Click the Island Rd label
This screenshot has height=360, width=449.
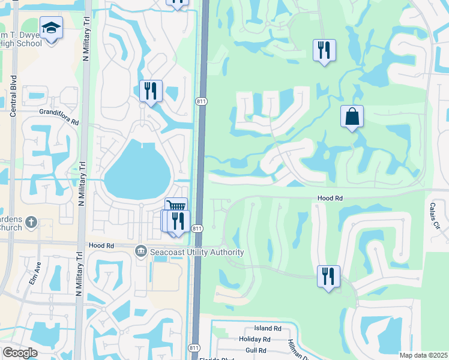(268, 328)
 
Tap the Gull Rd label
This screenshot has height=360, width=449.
(256, 350)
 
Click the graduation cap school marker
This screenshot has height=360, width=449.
(51, 28)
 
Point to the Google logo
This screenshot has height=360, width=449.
(20, 353)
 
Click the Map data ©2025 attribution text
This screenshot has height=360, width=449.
(423, 355)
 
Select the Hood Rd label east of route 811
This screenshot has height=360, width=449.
(330, 198)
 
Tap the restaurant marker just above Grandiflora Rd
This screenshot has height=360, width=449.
(151, 91)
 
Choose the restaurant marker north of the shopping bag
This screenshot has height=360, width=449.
(324, 50)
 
